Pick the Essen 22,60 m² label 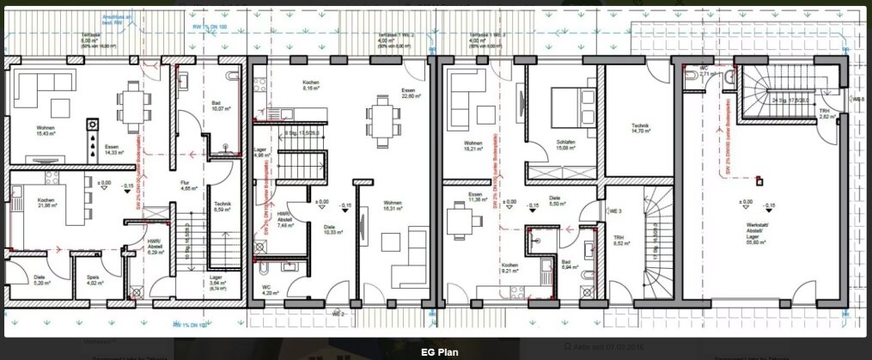click(x=408, y=94)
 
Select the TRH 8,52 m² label click(x=619, y=241)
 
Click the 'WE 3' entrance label click(x=615, y=211)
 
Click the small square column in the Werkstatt click(x=759, y=181)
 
